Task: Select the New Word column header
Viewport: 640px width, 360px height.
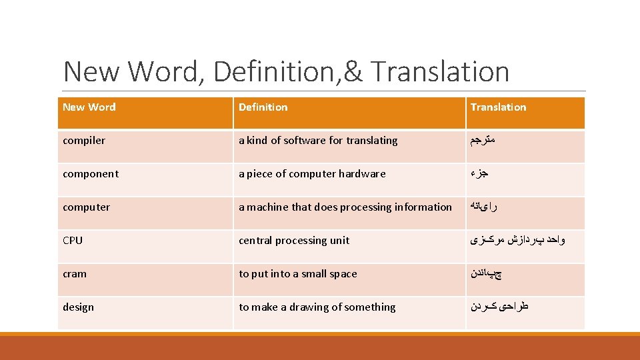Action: (89, 107)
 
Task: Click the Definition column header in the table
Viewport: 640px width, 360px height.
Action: (263, 107)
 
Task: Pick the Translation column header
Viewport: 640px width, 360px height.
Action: (498, 107)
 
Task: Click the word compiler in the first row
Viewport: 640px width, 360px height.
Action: (84, 141)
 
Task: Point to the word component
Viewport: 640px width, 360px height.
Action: (91, 174)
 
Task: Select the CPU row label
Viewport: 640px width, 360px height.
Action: (73, 241)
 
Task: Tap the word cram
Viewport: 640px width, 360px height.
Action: (75, 274)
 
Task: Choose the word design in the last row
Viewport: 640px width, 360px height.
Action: (78, 307)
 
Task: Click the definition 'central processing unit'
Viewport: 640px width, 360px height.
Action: (294, 241)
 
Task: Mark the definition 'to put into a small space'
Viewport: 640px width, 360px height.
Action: (298, 274)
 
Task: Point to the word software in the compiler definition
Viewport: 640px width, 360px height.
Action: (305, 141)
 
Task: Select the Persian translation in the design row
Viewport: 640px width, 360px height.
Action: (499, 307)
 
